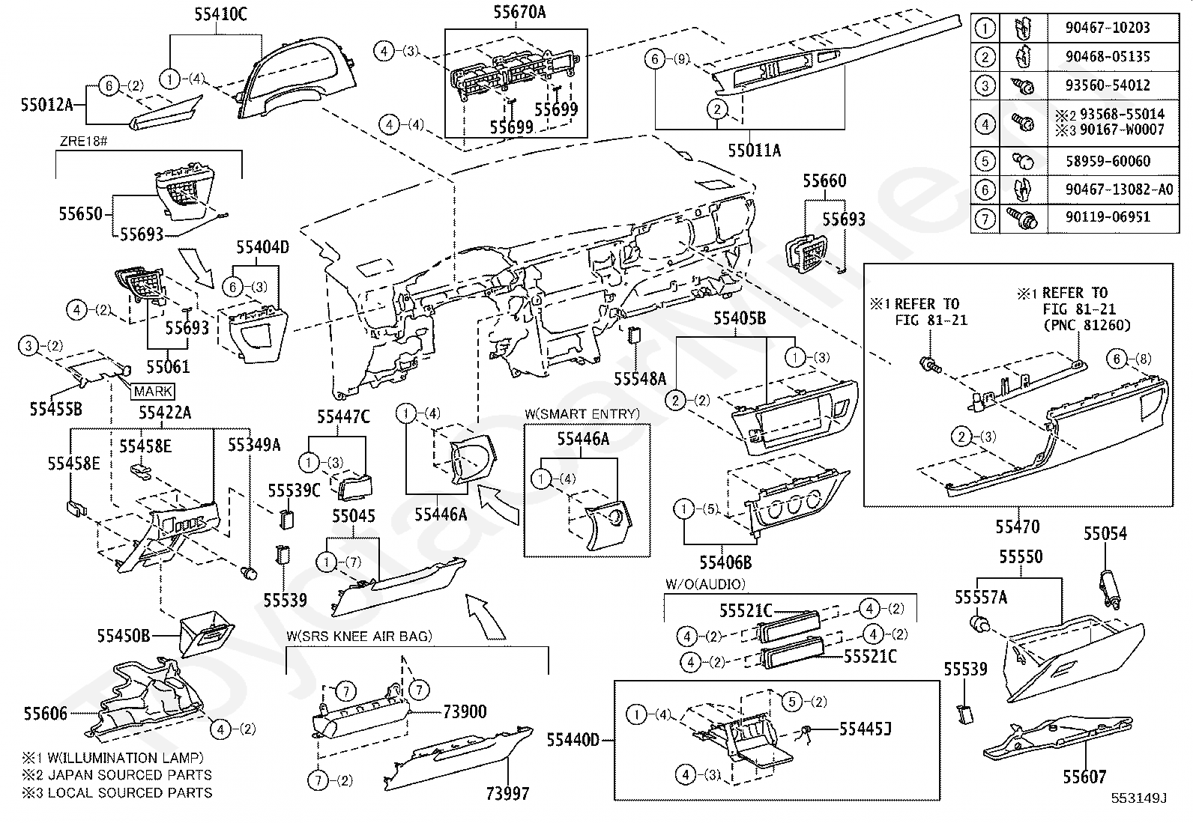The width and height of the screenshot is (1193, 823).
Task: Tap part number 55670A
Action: (519, 12)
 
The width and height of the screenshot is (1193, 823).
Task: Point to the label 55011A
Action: (754, 151)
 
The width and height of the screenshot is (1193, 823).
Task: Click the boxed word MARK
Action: (154, 391)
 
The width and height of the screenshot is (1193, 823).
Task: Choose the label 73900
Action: (465, 712)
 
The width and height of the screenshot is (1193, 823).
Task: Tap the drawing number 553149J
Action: (1139, 798)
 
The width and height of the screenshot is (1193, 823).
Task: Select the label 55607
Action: (1084, 777)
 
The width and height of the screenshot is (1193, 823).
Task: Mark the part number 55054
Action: (1105, 534)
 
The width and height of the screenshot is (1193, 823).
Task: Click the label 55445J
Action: (865, 728)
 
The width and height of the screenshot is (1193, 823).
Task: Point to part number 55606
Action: (46, 714)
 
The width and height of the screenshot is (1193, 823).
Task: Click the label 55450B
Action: (123, 636)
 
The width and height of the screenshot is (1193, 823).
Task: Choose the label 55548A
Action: (640, 379)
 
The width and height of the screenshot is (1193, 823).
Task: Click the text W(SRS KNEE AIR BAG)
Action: (359, 636)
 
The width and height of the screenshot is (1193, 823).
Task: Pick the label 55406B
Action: (725, 562)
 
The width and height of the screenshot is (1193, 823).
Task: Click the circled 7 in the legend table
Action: (984, 218)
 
